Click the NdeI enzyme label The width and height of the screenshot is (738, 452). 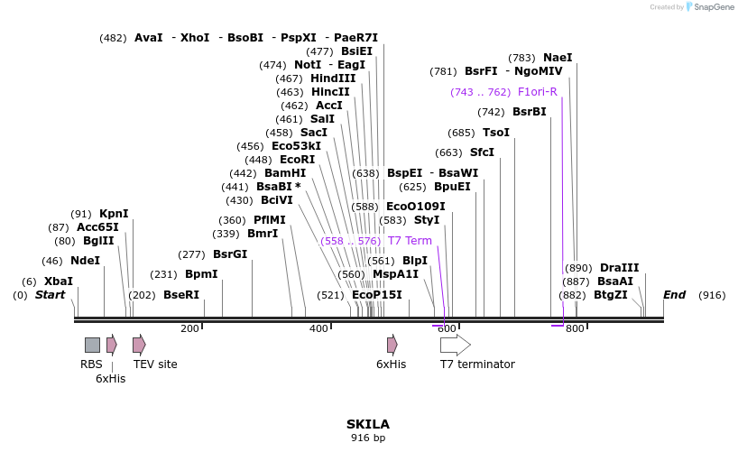coord(85,261)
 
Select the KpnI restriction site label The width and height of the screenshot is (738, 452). coord(114,214)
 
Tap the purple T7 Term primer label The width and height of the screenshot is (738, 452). coord(410,241)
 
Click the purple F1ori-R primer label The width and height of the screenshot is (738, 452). coord(537,92)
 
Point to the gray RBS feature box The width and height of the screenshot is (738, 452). coord(92,345)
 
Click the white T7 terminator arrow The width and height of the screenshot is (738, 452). coord(455,345)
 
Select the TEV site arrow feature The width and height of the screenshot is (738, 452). coord(139,345)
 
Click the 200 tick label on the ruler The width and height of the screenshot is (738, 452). coord(189,329)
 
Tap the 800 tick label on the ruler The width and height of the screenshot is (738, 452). coord(575,329)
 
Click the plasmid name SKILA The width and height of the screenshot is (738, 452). coord(368,424)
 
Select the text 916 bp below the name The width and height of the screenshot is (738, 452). coord(368,438)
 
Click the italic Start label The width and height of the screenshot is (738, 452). coord(50,295)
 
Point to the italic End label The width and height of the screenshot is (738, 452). coord(674,295)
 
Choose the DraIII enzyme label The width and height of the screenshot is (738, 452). coord(619,268)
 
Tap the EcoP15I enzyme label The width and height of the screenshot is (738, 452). coord(376,295)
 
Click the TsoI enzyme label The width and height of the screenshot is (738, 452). coord(496,133)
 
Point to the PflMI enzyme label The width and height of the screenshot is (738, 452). coord(269,220)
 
